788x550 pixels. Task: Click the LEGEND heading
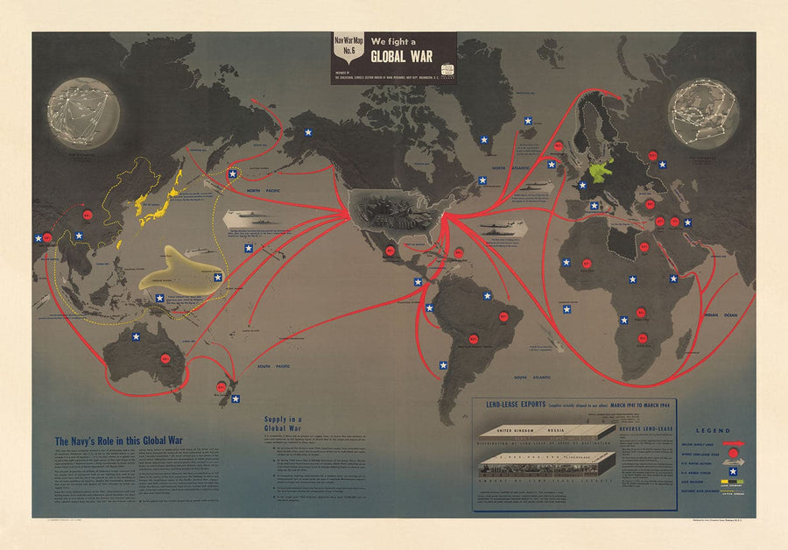(712, 430)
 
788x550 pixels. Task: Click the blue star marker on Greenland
(483, 137)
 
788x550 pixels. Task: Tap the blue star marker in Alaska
(308, 132)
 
